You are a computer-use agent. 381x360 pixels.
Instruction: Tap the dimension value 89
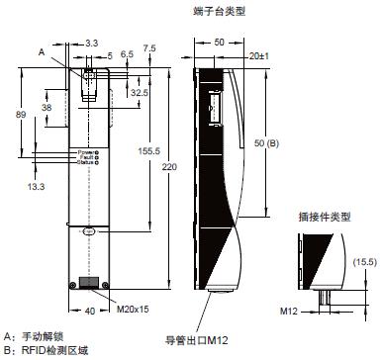click(9, 115)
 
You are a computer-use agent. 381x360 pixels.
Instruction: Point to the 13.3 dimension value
click(37, 185)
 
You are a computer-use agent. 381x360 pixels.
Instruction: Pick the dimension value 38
click(47, 106)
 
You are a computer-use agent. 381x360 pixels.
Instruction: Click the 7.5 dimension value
click(149, 46)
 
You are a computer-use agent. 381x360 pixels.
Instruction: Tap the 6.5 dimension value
click(127, 54)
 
